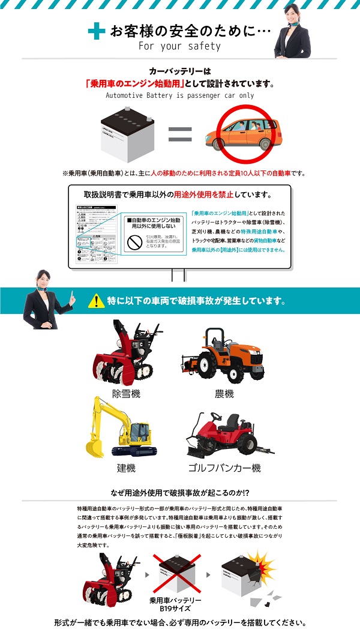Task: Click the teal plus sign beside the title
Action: pyautogui.click(x=96, y=32)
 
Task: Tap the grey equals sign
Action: pyautogui.click(x=179, y=133)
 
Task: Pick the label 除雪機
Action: pyautogui.click(x=126, y=394)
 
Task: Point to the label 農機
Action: pyautogui.click(x=224, y=394)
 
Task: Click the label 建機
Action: pyautogui.click(x=126, y=468)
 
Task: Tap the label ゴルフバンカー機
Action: pyautogui.click(x=224, y=468)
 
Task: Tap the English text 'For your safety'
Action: pyautogui.click(x=179, y=46)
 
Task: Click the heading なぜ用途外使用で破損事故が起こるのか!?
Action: pyautogui.click(x=179, y=492)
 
